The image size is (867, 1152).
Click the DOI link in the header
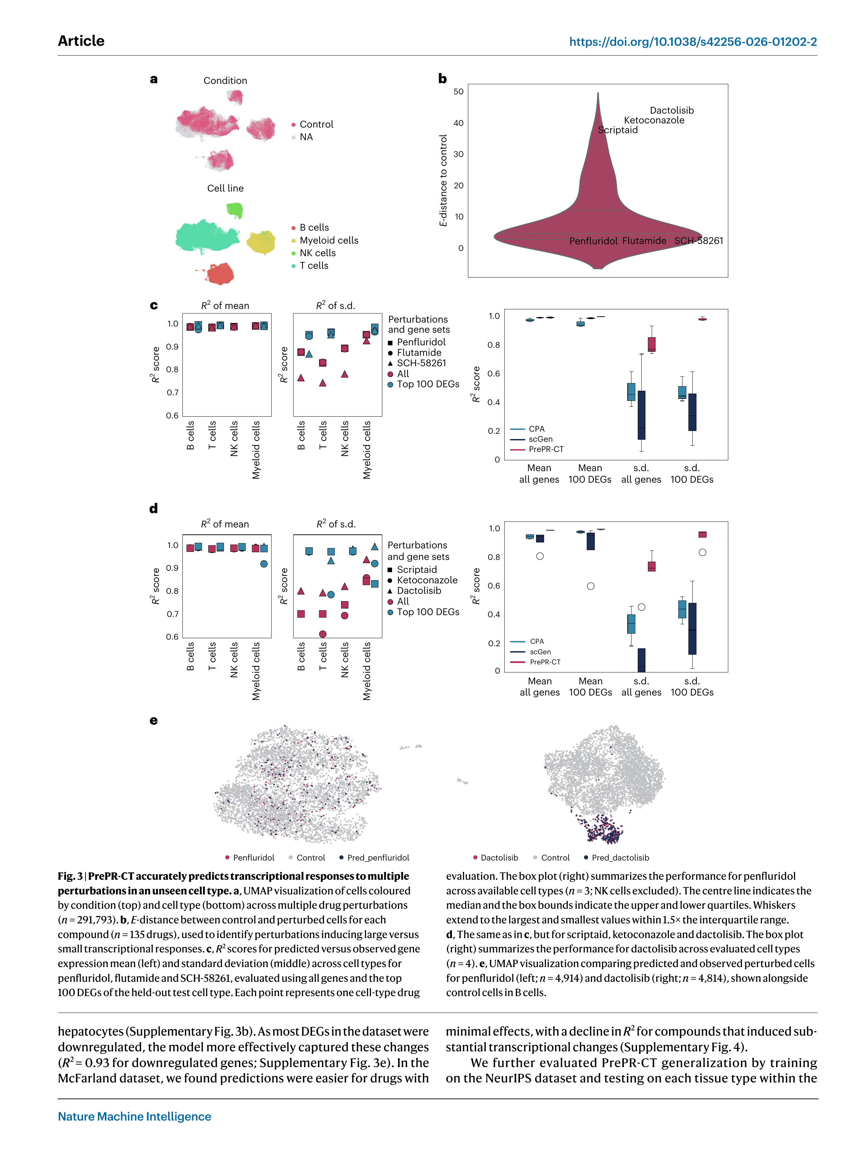693,42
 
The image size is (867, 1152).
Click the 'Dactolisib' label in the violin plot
671,110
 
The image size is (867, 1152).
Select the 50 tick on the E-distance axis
458,92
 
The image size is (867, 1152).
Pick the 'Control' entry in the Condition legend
316,124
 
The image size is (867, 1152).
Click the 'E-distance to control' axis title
443,180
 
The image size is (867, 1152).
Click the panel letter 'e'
154,720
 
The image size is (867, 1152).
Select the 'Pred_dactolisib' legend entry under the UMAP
620,858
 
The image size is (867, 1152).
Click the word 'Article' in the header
81,41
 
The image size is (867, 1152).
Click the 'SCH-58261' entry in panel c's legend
421,363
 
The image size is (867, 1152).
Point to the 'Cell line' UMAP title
225,188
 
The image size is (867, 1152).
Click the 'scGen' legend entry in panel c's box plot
540,439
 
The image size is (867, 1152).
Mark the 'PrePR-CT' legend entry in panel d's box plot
545,662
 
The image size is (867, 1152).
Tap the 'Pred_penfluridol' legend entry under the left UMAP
377,858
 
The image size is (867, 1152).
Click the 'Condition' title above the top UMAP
225,81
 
